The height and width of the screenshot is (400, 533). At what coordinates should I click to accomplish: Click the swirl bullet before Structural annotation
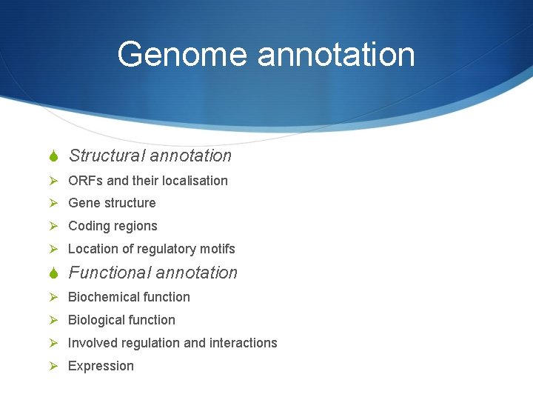[53, 156]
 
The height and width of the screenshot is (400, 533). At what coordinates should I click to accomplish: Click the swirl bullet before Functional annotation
[53, 273]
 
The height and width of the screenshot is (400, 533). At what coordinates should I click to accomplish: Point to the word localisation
[193, 181]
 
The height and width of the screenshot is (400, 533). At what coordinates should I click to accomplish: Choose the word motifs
[217, 249]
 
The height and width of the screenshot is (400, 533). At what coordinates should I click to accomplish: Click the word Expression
[101, 366]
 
